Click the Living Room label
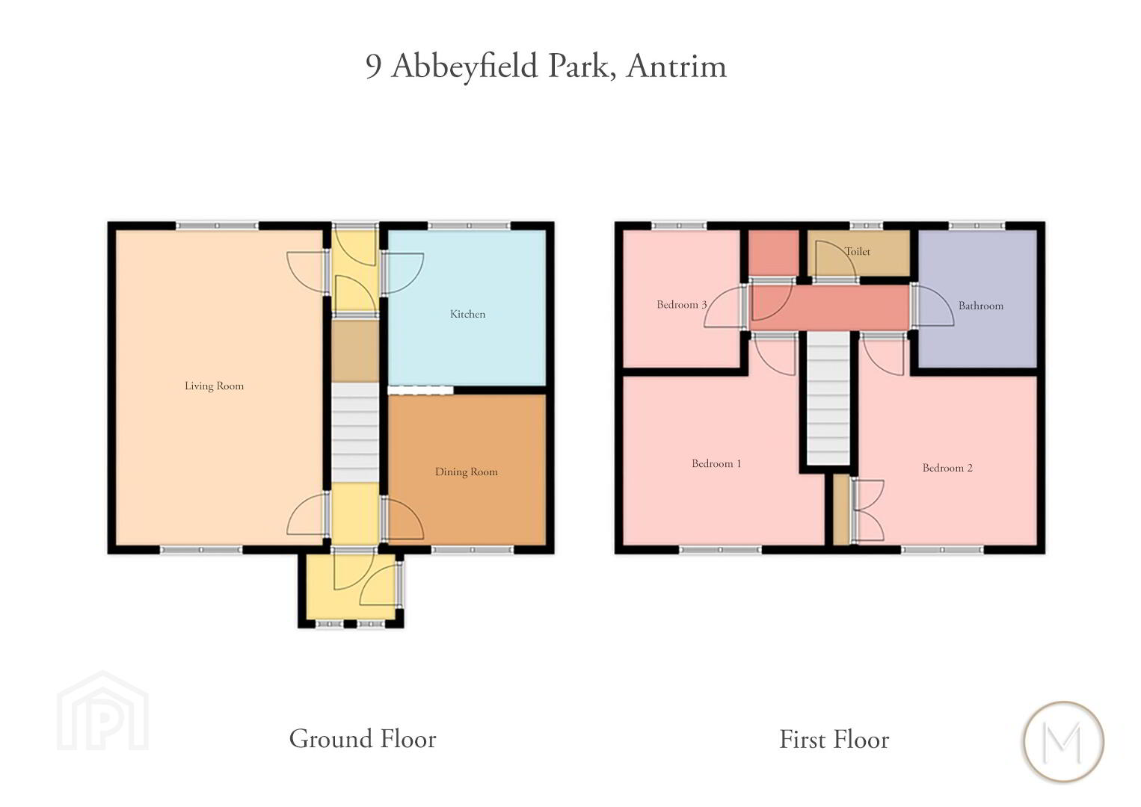click(x=214, y=386)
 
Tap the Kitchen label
click(x=467, y=314)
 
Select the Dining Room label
click(x=466, y=472)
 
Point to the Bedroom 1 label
click(x=716, y=463)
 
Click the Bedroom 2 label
click(x=947, y=468)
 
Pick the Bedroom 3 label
click(x=682, y=304)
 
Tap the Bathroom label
click(x=980, y=306)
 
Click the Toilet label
click(x=858, y=251)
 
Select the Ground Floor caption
click(x=362, y=739)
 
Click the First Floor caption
click(x=834, y=739)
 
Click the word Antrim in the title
click(x=677, y=67)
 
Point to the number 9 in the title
click(x=373, y=67)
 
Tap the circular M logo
click(x=1063, y=742)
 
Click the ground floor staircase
click(x=355, y=432)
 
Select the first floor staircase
click(x=828, y=398)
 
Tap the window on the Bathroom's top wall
click(x=977, y=226)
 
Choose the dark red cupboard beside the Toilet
click(x=772, y=253)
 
